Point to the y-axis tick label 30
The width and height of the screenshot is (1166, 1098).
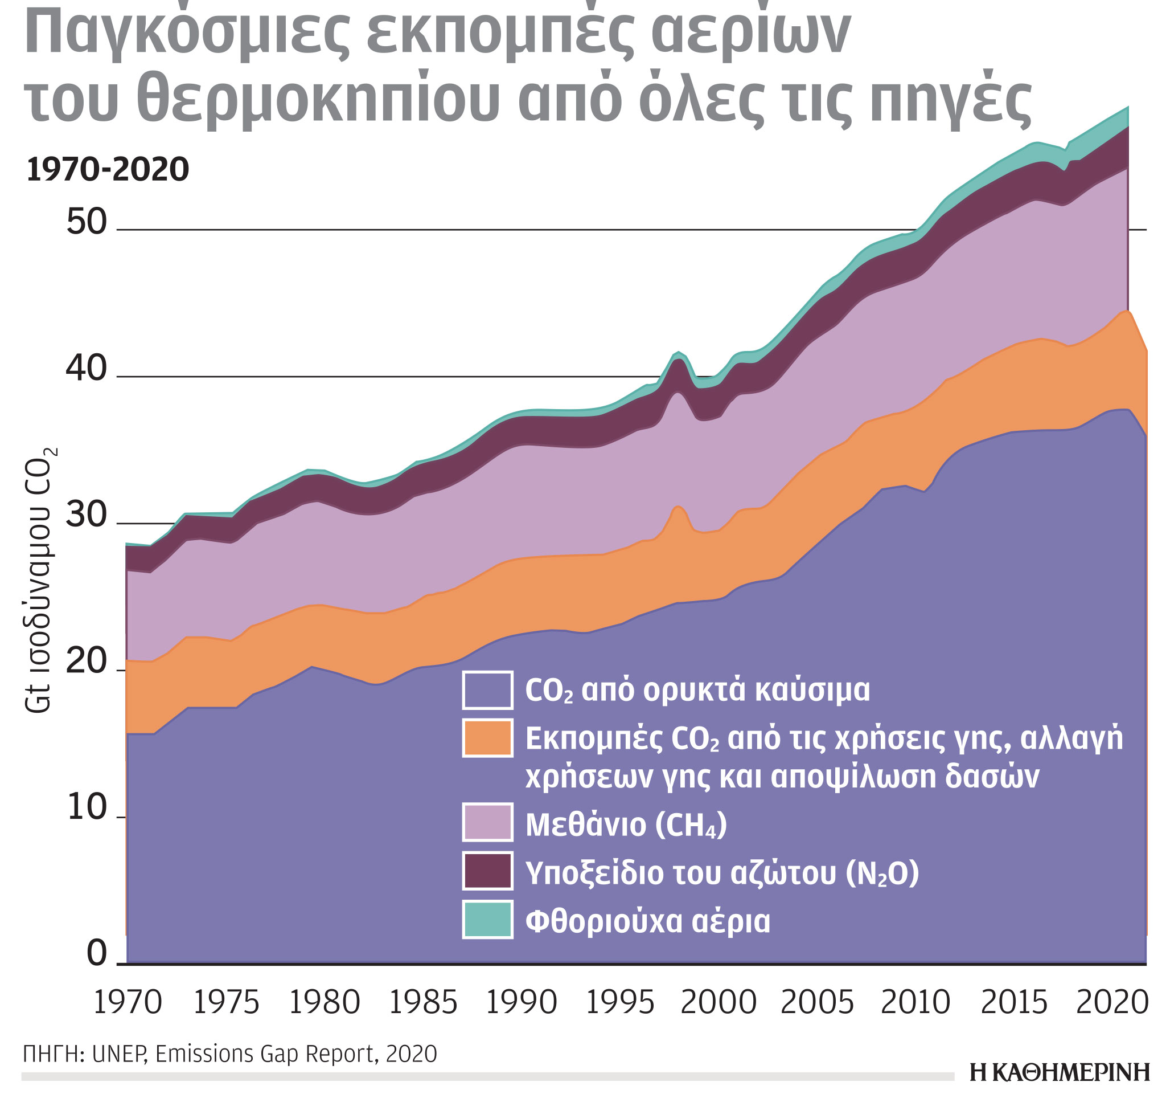point(86,516)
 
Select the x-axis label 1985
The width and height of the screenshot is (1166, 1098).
point(423,1002)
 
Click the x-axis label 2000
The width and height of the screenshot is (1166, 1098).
point(719,1002)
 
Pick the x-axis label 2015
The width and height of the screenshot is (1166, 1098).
point(1014,1002)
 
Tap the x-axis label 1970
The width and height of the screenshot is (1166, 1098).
point(128,1002)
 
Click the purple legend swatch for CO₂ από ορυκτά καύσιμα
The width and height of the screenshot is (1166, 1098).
point(487,690)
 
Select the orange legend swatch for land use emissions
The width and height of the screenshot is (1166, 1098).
point(487,738)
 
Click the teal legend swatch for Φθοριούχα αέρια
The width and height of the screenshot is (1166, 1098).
point(487,919)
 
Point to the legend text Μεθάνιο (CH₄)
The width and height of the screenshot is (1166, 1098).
point(626,824)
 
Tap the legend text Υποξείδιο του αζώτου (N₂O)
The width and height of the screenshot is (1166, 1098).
point(721,873)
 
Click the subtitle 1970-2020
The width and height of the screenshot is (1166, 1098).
point(108,170)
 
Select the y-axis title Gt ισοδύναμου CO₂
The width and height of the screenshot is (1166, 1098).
point(40,581)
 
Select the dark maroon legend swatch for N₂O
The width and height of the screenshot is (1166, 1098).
point(487,871)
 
